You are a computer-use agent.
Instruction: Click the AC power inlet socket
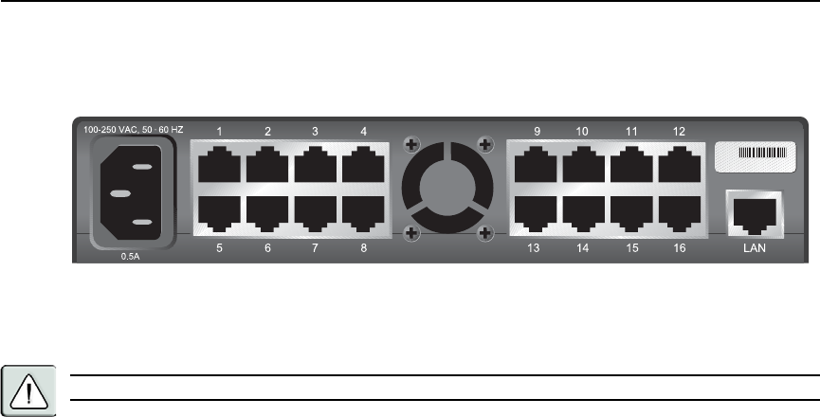point(133,194)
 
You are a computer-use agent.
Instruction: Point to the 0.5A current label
point(131,255)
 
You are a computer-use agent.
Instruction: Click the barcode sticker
point(755,155)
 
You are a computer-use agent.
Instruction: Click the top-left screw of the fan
point(410,145)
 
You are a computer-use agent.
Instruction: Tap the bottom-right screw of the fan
point(484,233)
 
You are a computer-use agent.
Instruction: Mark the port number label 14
point(583,248)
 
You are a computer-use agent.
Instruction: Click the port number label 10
point(582,131)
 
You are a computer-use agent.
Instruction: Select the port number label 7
point(315,248)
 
